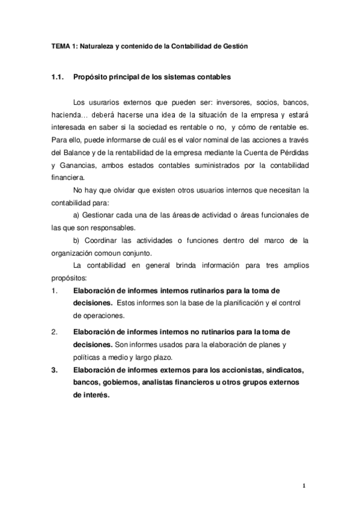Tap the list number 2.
55,331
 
